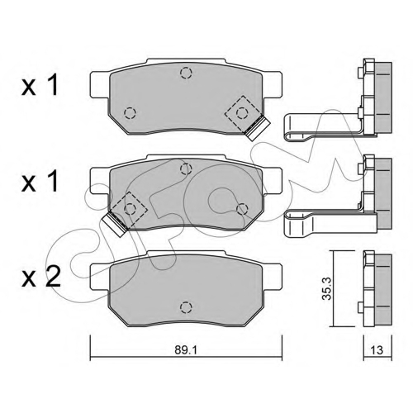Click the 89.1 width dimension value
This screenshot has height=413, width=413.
186,350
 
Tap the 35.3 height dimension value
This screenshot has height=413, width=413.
328,288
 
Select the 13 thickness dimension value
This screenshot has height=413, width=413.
377,350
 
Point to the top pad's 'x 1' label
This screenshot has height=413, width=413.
40,85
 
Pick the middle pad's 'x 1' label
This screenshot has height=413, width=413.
40,181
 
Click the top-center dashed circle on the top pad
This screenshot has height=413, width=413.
186,73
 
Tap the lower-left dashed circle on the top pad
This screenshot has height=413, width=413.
130,113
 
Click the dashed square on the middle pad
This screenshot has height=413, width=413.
130,209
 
